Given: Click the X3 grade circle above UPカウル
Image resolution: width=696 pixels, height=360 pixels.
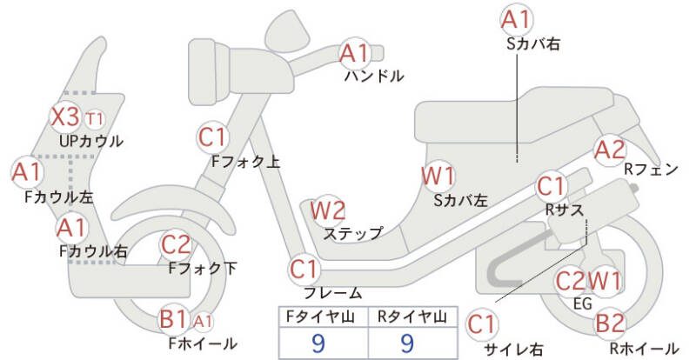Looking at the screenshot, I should pyautogui.click(x=66, y=117).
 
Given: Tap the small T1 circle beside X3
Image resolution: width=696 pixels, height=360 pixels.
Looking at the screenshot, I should pyautogui.click(x=95, y=117).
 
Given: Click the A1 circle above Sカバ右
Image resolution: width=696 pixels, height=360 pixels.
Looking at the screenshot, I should pyautogui.click(x=516, y=19).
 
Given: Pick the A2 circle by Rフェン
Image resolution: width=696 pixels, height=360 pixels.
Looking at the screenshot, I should pyautogui.click(x=609, y=150).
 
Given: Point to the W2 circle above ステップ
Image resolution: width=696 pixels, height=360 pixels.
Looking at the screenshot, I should pyautogui.click(x=328, y=210).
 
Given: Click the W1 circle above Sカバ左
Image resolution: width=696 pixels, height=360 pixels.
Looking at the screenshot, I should pyautogui.click(x=438, y=177).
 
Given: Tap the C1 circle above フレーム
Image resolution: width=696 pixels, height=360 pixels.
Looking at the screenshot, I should pyautogui.click(x=304, y=268).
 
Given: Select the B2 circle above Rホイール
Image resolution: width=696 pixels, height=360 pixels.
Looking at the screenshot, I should pyautogui.click(x=610, y=324).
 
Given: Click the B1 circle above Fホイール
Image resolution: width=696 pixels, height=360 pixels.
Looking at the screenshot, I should pyautogui.click(x=173, y=320).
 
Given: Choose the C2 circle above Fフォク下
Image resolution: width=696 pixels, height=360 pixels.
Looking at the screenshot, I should pyautogui.click(x=177, y=245).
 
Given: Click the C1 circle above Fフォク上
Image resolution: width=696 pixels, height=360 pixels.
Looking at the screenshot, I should pyautogui.click(x=213, y=137).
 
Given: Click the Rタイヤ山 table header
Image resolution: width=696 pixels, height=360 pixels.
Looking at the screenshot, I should pyautogui.click(x=407, y=317).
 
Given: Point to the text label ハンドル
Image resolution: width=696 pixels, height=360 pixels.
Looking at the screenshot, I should pyautogui.click(x=374, y=76).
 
